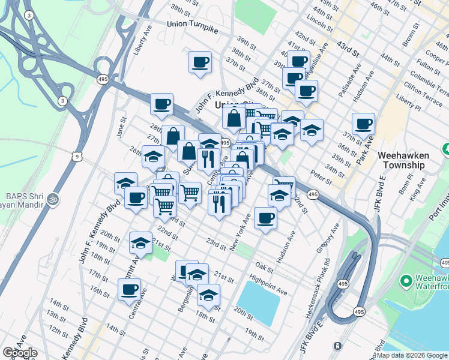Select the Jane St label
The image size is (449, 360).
121,129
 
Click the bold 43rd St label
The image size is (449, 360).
348,46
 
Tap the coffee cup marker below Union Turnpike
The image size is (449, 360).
200,62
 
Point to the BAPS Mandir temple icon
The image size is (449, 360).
53,197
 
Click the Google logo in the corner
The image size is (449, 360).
19,353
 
